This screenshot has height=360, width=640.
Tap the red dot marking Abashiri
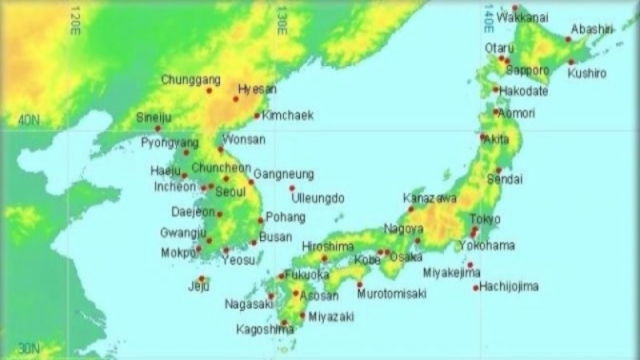[x=568, y=39]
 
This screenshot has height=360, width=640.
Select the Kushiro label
[x=587, y=73]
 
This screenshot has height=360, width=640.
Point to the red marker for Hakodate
[x=495, y=89]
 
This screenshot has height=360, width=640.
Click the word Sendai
[x=504, y=179]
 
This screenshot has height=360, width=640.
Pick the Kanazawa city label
[x=429, y=198]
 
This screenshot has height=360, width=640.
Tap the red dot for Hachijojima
[x=475, y=288]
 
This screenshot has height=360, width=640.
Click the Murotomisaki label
[x=391, y=294]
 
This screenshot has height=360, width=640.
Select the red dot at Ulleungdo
[x=292, y=188]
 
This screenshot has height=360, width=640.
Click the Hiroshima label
[x=327, y=246]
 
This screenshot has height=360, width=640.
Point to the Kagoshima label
[x=265, y=329]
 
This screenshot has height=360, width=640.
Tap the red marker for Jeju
[x=201, y=278]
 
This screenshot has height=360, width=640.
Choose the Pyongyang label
[x=169, y=143]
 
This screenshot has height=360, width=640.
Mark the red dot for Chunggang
[x=209, y=90]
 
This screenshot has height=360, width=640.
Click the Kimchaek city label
[x=288, y=115]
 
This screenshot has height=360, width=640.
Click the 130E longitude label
[x=282, y=20]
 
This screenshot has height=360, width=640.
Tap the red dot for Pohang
[x=260, y=220]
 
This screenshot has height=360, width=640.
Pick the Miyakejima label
[x=451, y=273]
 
